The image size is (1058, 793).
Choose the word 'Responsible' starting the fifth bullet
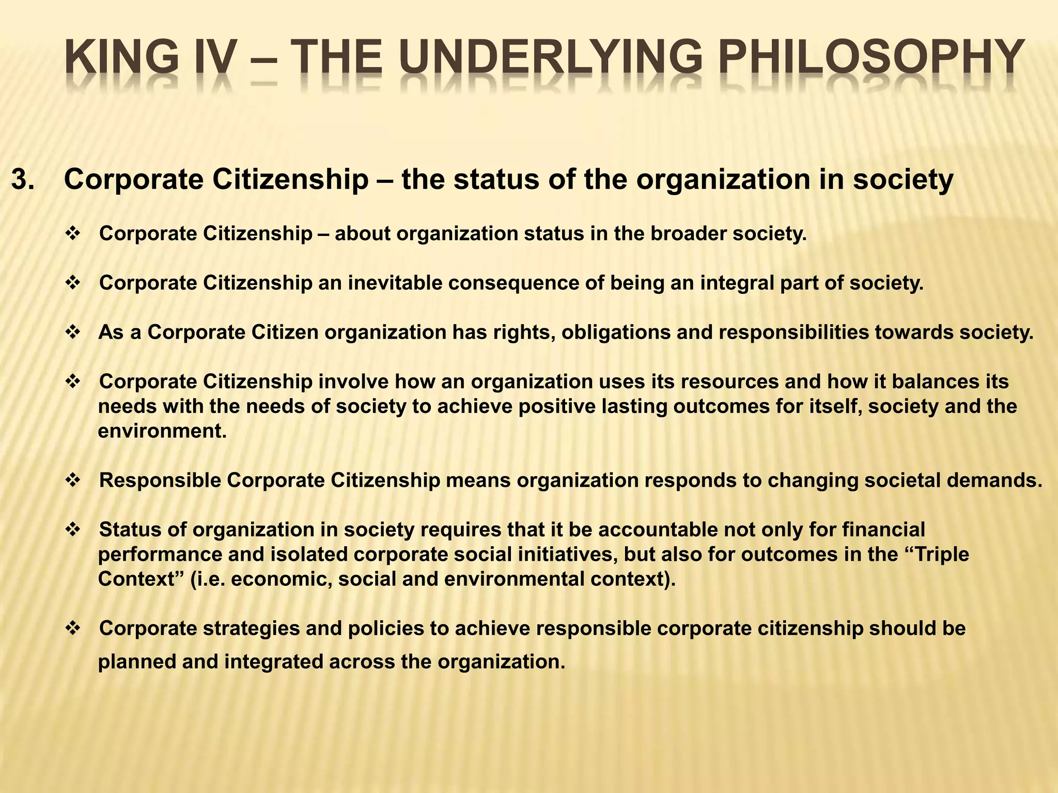(160, 480)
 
